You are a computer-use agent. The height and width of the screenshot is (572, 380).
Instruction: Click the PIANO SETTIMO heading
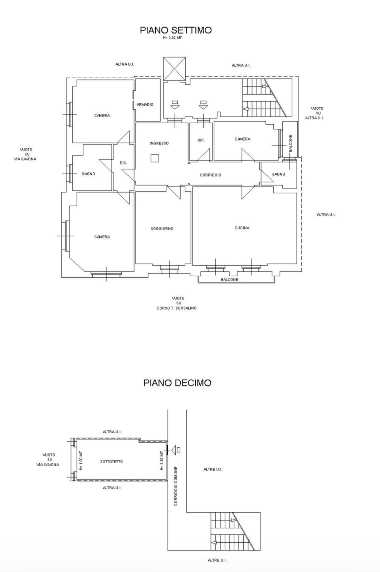pyautogui.click(x=176, y=30)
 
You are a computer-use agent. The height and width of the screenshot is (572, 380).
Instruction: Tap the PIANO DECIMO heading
pyautogui.click(x=177, y=383)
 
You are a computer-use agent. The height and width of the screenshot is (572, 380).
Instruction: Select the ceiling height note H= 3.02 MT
pyautogui.click(x=172, y=38)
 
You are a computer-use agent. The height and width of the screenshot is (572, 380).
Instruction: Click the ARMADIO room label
pyautogui.click(x=145, y=104)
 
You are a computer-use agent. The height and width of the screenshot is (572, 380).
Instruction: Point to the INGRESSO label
pyautogui.click(x=159, y=143)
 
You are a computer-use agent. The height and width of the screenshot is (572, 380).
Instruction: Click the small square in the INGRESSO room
pyautogui.click(x=155, y=158)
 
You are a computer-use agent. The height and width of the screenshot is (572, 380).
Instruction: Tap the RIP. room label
pyautogui.click(x=201, y=140)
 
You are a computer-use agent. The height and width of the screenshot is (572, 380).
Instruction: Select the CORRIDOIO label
pyautogui.click(x=210, y=175)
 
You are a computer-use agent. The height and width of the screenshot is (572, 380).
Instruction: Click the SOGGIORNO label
pyautogui.click(x=162, y=228)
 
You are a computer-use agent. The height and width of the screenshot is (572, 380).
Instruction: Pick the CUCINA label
pyautogui.click(x=242, y=228)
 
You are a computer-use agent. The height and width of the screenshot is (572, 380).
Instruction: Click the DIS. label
pyautogui.click(x=123, y=163)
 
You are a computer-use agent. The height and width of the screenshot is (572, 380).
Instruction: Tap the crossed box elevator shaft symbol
pyautogui.click(x=174, y=69)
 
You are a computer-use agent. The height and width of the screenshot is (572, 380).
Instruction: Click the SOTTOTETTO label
pyautogui.click(x=111, y=462)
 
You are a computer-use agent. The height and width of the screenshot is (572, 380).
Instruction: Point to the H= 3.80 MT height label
pyautogui.click(x=161, y=461)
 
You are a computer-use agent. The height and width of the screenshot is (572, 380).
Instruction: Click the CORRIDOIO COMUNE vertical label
pyautogui.click(x=176, y=486)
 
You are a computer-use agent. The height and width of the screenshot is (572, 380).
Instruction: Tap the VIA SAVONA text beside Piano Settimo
pyautogui.click(x=25, y=159)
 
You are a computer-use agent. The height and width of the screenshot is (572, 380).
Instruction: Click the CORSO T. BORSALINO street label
pyautogui.click(x=177, y=308)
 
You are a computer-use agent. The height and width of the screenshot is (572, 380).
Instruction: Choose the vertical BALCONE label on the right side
pyautogui.click(x=291, y=143)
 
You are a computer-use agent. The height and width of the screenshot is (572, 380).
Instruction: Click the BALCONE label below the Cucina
pyautogui.click(x=229, y=280)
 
